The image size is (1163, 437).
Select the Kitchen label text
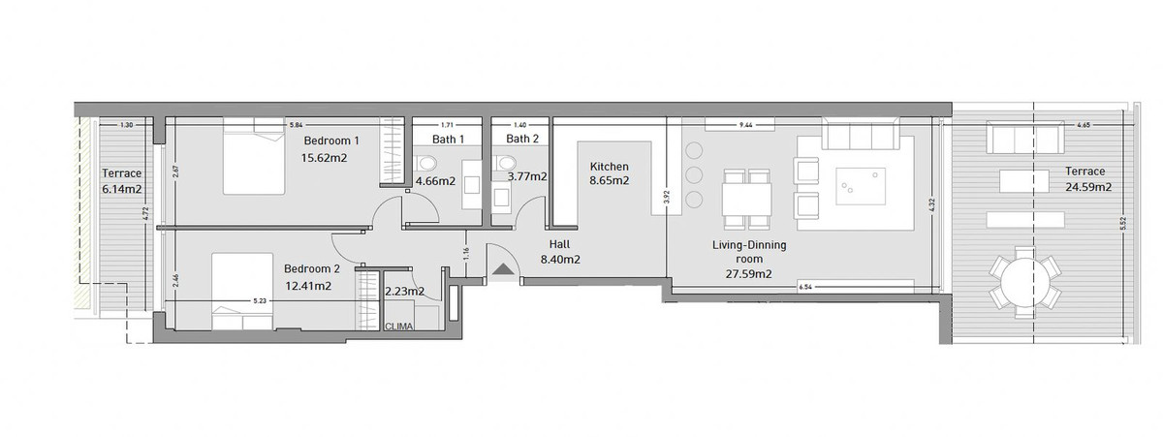(610, 167)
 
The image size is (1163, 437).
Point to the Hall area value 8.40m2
(559, 260)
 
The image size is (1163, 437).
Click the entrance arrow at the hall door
(502, 269)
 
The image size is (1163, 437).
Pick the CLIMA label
(398, 327)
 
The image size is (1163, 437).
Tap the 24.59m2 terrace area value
(1084, 187)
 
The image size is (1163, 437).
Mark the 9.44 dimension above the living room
(745, 125)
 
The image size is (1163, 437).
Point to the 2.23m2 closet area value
(404, 291)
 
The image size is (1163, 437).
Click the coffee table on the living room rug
(862, 184)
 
